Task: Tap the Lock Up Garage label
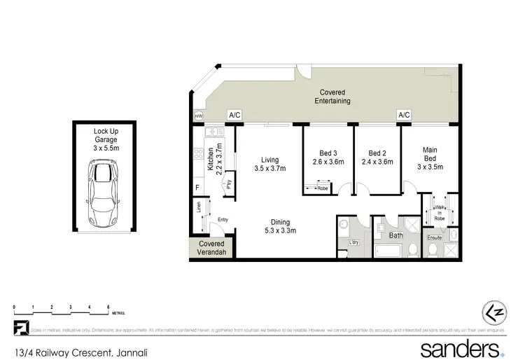coord(106,139)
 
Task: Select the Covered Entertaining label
coord(335,97)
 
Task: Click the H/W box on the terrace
coord(198,116)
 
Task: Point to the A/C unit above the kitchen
coord(233,116)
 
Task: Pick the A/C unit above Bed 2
coord(403,116)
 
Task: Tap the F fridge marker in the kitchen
coord(198,187)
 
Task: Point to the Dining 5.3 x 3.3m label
coord(281,226)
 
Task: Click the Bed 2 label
coord(378,158)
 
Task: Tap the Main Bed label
coord(430,153)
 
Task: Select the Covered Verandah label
coord(211,249)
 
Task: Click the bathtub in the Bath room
coord(389,249)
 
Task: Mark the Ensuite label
coord(436,237)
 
